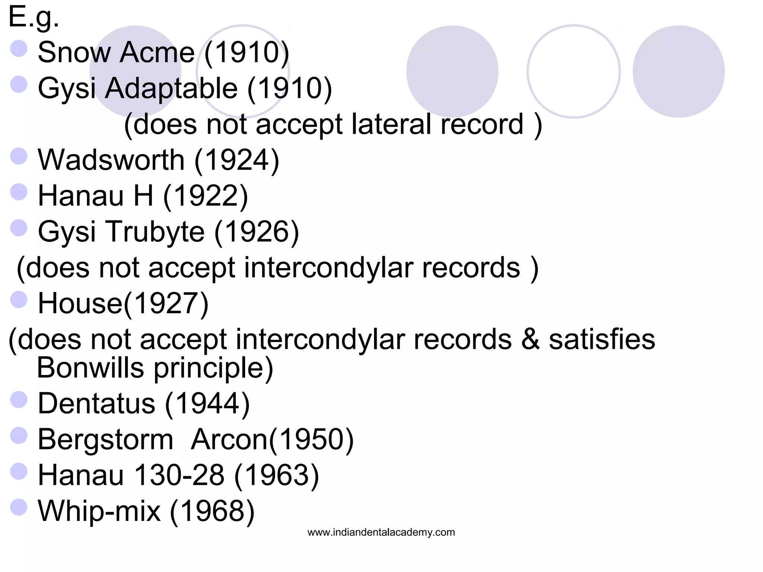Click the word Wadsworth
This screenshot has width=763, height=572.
click(111, 160)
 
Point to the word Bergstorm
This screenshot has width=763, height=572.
click(105, 439)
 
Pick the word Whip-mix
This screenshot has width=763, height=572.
click(99, 511)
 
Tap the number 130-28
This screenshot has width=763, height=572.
click(179, 475)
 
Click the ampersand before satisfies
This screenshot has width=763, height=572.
click(530, 339)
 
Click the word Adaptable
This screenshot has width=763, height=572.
click(171, 88)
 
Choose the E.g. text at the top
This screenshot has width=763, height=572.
click(34, 18)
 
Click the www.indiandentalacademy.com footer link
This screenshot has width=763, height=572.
click(381, 532)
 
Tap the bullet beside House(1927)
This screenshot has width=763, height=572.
click(19, 299)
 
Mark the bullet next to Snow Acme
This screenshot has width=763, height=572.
click(19, 49)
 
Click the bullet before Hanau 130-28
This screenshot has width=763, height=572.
click(19, 471)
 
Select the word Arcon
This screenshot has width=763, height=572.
click(229, 439)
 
